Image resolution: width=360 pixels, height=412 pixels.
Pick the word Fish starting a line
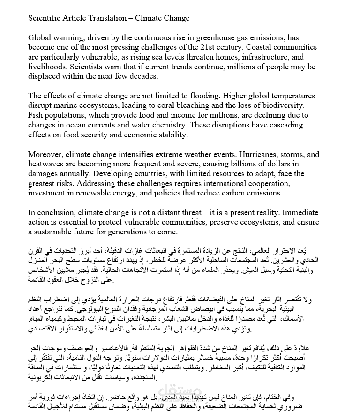click(x=36, y=115)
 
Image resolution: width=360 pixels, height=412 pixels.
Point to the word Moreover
click(x=45, y=154)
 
